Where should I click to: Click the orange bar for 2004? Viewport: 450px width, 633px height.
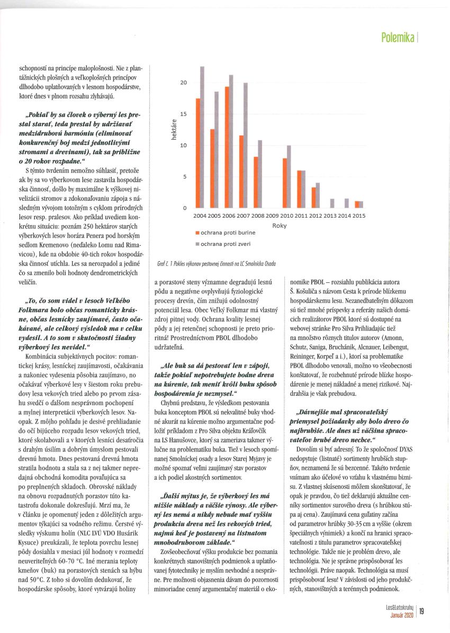[198, 153]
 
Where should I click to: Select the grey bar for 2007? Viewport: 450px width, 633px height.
[246, 145]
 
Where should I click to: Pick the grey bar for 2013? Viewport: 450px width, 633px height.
[332, 203]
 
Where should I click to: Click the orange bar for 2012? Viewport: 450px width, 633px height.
[313, 197]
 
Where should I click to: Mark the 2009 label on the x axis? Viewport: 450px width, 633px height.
[272, 216]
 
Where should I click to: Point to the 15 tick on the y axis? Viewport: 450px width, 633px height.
[184, 114]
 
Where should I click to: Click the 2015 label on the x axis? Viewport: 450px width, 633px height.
[358, 216]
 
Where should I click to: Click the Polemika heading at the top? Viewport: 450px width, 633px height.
[397, 38]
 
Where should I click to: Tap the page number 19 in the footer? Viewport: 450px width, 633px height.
[421, 611]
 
